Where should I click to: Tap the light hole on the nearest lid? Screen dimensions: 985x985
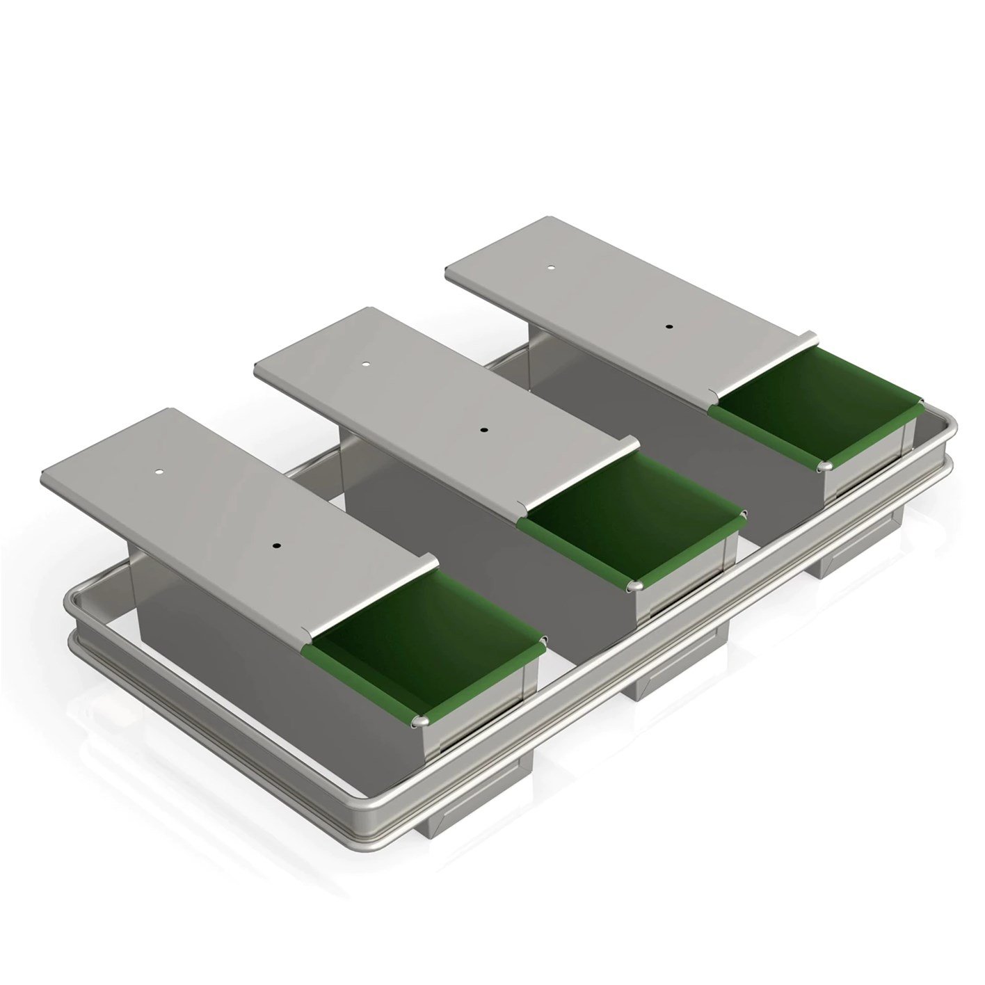pyautogui.click(x=159, y=472)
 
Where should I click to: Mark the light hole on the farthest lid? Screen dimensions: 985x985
pyautogui.click(x=550, y=267)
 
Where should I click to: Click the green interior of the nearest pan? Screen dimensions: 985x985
pyautogui.click(x=417, y=647)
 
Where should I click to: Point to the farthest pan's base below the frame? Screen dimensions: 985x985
pyautogui.click(x=859, y=550)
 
